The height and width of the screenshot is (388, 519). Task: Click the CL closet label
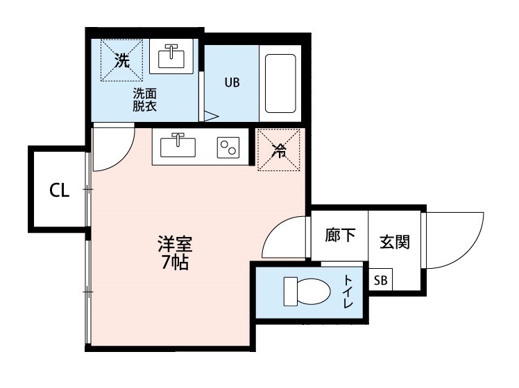click(60, 191)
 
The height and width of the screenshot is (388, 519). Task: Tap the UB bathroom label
click(231, 82)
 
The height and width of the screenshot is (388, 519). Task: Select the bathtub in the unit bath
click(280, 83)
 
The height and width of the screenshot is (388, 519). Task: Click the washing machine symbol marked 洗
click(122, 61)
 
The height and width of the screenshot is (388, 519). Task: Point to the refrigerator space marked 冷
click(278, 149)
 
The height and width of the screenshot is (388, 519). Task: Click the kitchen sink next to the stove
click(178, 147)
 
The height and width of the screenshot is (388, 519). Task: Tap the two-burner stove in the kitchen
click(228, 148)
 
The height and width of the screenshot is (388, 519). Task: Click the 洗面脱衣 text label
click(145, 100)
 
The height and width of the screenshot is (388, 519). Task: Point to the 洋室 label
click(174, 245)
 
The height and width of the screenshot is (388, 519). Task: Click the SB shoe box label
click(380, 281)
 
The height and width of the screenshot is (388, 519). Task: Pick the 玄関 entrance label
click(394, 242)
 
